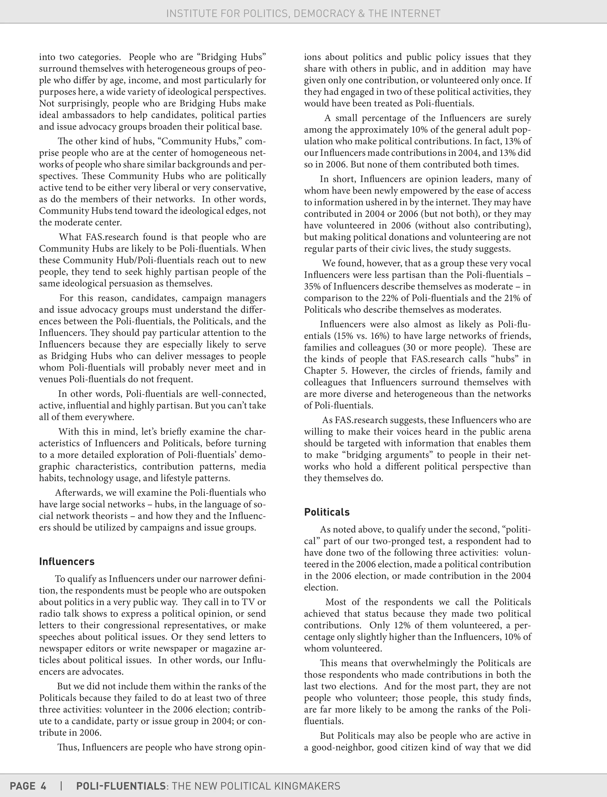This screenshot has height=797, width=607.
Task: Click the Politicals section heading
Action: (327, 512)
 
